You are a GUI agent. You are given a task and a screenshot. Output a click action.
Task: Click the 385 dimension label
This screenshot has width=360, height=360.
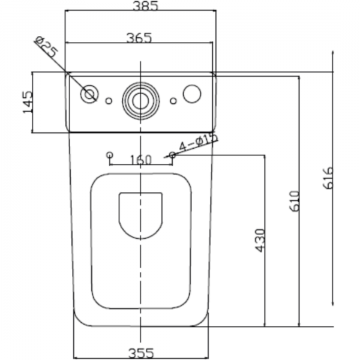pos(146,6)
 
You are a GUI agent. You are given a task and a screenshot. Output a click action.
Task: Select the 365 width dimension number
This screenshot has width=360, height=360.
pos(139,38)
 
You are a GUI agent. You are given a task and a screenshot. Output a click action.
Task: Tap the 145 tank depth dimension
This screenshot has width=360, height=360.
pos(28,102)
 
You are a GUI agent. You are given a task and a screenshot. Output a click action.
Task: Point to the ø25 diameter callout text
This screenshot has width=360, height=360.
pos(47,47)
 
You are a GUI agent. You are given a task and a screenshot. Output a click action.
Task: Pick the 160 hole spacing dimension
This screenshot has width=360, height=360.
pos(141,160)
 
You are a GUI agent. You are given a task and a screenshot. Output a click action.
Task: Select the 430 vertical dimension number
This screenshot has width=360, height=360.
pos(260,240)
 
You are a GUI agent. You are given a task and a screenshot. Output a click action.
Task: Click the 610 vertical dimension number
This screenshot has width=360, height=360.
pos(295,201)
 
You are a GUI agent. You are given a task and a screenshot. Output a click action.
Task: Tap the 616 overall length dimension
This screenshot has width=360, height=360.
pos(328,178)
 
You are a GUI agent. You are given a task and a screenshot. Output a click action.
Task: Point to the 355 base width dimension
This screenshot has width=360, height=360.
pos(141,353)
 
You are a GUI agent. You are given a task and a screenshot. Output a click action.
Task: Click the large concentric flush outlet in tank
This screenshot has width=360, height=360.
pos(140,101)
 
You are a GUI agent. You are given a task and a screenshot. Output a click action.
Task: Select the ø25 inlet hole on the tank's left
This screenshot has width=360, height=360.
pos(89,94)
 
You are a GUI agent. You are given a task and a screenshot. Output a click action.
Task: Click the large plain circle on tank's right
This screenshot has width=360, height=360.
pos(192,94)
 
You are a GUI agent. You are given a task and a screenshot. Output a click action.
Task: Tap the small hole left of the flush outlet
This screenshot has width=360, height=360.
pos(109,101)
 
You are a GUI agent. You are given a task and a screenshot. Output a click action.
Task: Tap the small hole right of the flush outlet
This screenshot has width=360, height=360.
pos(173,101)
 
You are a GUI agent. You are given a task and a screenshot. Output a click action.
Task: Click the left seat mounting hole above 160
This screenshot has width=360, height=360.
pos(110,155)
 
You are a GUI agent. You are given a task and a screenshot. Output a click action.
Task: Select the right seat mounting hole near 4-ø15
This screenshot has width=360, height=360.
pos(172,155)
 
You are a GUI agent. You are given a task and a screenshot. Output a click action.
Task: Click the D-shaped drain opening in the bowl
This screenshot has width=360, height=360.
pos(140,215)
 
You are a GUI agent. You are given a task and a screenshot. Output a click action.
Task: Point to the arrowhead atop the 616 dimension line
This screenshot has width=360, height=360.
pos(333,54)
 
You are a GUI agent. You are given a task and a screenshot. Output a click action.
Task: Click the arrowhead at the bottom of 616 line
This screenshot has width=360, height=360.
pos(333,302)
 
